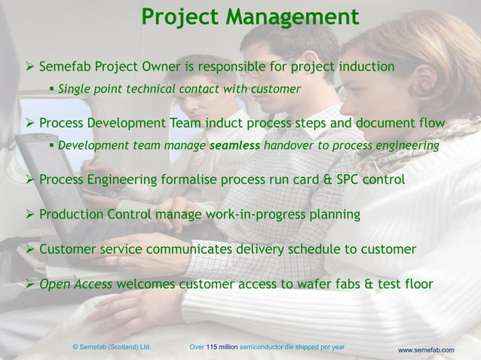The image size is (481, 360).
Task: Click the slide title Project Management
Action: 250,16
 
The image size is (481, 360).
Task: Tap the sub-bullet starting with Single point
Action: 179,89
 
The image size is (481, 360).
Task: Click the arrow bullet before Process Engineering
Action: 30,180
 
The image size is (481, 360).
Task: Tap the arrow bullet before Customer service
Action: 30,249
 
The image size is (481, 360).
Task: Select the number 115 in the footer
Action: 215,346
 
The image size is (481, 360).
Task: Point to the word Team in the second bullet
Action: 209,123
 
